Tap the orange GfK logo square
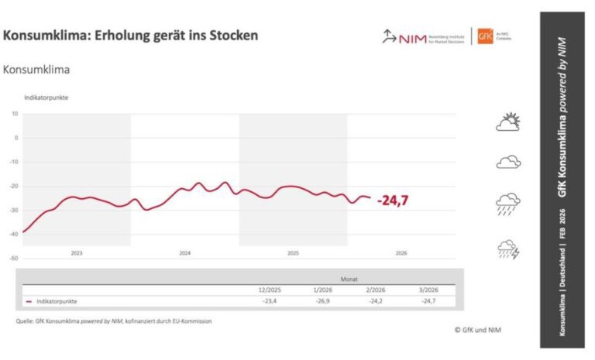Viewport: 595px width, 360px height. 486,36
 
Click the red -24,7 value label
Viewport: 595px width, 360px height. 394,201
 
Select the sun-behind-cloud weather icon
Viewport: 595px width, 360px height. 508,122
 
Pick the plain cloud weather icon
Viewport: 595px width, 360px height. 508,162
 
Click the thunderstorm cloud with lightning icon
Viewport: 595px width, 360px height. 508,249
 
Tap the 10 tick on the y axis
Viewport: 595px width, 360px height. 15,114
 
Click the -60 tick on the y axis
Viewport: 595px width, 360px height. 14,259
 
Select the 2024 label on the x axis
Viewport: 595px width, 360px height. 184,253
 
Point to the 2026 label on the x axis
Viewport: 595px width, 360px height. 401,253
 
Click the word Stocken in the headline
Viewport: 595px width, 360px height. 230,36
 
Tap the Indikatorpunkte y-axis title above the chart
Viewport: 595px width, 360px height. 45,98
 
